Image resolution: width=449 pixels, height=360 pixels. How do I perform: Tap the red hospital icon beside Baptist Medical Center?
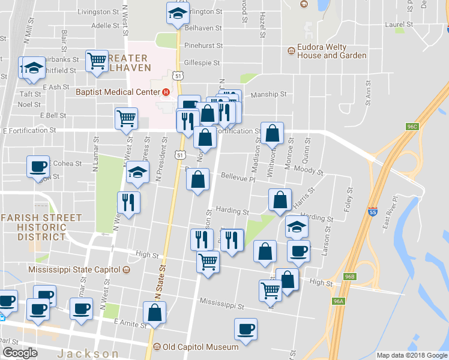coord(166,92)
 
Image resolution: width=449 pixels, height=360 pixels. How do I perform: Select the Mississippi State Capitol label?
coord(74,269)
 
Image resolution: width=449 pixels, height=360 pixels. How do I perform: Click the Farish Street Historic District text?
coord(34,227)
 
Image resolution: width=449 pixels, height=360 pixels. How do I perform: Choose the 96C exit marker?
coord(412,127)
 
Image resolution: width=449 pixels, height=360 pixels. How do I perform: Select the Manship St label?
coord(268,94)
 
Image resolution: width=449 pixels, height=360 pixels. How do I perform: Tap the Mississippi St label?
coord(222,305)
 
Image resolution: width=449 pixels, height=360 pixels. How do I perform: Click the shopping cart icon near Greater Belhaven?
coord(97,61)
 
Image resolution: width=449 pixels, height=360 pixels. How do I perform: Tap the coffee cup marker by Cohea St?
coord(38,166)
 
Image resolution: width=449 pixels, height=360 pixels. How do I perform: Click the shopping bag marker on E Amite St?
coord(155,312)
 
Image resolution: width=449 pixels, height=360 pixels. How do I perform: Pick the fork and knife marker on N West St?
coord(128,202)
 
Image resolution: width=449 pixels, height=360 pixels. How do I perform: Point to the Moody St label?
coord(309,172)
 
